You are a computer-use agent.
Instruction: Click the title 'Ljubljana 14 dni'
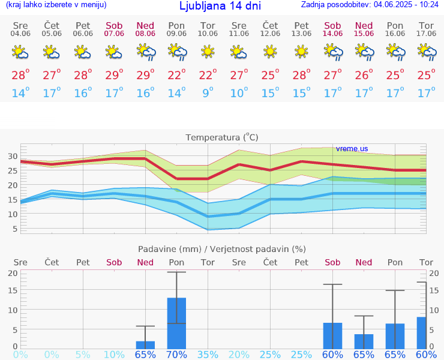pyautogui.click(x=220, y=7)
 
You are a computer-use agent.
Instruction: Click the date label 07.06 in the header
pyautogui.click(x=114, y=34)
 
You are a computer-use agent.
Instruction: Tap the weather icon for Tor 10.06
pyautogui.click(x=208, y=52)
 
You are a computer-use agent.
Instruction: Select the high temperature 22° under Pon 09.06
pyautogui.click(x=176, y=76)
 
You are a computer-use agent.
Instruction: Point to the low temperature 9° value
pyautogui.click(x=208, y=93)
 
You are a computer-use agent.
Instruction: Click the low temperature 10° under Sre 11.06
pyautogui.click(x=239, y=93)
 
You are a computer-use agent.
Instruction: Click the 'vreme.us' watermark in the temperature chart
pyautogui.click(x=352, y=148)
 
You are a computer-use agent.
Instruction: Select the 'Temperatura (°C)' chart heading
pyautogui.click(x=222, y=137)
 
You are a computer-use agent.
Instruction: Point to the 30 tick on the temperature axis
pyautogui.click(x=12, y=156)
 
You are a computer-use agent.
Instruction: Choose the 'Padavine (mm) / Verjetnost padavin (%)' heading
pyautogui.click(x=222, y=249)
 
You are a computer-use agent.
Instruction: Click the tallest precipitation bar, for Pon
pyautogui.click(x=176, y=323)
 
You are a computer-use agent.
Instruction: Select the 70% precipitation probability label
pyautogui.click(x=176, y=355)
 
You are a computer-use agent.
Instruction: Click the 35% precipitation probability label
pyautogui.click(x=208, y=355)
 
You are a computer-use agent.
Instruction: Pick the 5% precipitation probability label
pyautogui.click(x=83, y=355)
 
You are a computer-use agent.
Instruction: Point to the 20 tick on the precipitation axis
pyautogui.click(x=12, y=272)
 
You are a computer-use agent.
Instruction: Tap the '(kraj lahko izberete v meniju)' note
pyautogui.click(x=56, y=5)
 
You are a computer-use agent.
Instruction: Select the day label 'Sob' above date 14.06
pyautogui.click(x=332, y=25)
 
